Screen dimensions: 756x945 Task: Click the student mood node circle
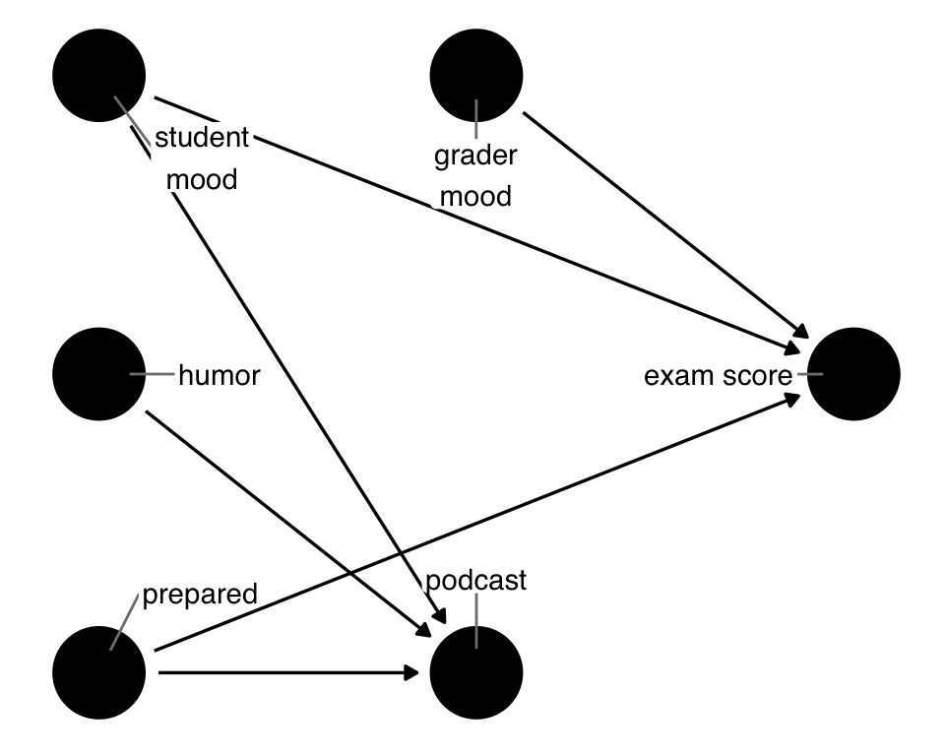tap(99, 76)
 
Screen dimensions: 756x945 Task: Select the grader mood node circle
tap(476, 76)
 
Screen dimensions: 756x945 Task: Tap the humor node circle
tap(99, 374)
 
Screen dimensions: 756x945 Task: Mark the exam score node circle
tap(853, 374)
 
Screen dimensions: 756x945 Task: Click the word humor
tap(220, 375)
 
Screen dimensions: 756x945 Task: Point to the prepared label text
tap(200, 594)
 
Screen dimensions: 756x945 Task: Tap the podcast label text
tap(476, 581)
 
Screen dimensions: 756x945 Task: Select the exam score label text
tap(718, 375)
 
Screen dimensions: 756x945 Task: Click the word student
tap(202, 138)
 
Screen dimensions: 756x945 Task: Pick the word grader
tap(476, 156)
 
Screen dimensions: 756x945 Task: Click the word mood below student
tap(202, 180)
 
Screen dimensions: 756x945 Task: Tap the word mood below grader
tap(476, 196)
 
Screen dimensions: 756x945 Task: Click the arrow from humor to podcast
tap(295, 517)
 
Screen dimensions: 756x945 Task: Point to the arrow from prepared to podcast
tap(285, 672)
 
